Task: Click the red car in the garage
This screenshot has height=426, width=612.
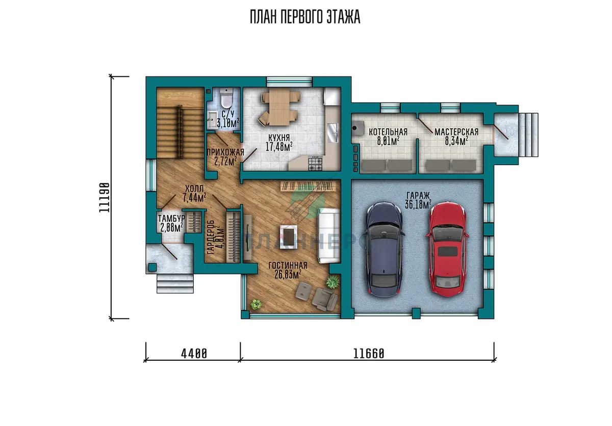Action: [x=447, y=249]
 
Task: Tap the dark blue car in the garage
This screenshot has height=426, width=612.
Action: [x=385, y=249]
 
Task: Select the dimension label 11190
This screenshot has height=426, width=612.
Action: [x=105, y=198]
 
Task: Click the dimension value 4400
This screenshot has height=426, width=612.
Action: [x=194, y=354]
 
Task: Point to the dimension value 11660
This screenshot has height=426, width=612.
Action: [x=369, y=354]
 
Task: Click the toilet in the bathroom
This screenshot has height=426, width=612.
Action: [x=226, y=98]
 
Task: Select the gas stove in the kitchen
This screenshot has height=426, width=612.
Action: [x=315, y=164]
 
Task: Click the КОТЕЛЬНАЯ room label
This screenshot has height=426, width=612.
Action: [x=388, y=132]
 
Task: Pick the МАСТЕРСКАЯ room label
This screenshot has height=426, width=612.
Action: [x=456, y=132]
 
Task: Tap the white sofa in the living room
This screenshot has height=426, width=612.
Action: [x=329, y=235]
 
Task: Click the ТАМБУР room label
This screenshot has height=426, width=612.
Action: [x=171, y=218]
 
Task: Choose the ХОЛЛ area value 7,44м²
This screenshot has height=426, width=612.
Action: [x=194, y=198]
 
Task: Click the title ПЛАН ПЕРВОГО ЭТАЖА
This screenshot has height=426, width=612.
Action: [x=305, y=17]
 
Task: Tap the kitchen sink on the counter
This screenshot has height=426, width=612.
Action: [x=333, y=132]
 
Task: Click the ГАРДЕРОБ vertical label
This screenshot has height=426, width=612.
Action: [x=211, y=237]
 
